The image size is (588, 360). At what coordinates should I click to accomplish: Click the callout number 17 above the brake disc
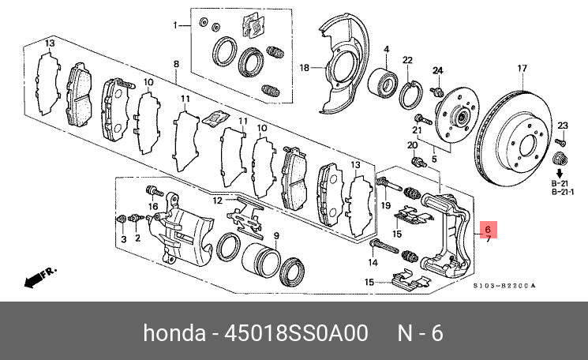521,69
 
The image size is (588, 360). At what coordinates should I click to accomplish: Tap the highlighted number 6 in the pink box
488,229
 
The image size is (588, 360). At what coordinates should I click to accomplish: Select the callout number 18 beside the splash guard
305,69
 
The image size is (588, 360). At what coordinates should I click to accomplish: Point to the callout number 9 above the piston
276,236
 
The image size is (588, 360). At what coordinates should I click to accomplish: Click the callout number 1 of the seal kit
177,25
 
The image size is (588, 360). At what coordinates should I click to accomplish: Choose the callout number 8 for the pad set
177,63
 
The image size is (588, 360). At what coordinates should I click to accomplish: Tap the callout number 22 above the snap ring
407,60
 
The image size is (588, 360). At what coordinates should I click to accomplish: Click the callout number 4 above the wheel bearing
387,50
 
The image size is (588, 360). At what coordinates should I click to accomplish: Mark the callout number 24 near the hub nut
438,71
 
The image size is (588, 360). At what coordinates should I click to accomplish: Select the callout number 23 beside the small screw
562,126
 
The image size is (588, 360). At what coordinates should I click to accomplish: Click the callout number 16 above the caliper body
153,206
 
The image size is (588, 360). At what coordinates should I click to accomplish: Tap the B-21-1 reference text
561,190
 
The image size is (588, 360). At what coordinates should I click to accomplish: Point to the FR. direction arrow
37,277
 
